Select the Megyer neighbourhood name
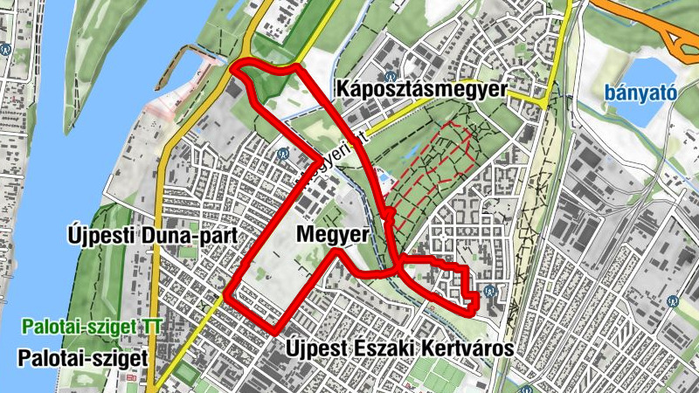click(x=332, y=234)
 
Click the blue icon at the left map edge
click(x=5, y=50)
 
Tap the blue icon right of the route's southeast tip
click(x=491, y=291)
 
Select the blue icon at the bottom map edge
click(x=525, y=389)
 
